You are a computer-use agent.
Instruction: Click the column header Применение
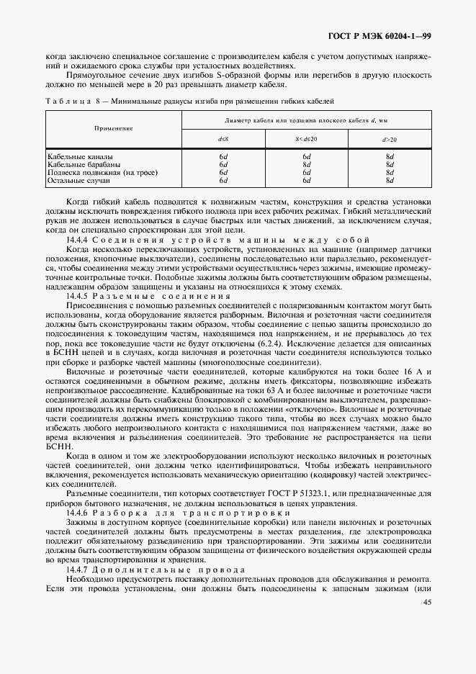114,127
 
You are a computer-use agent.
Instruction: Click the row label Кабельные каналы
80,156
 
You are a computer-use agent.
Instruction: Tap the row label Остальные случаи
78,181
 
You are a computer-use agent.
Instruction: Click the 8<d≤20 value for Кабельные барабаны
306,164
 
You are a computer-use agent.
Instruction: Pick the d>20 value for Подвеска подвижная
390,173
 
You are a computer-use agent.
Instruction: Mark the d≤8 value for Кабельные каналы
223,156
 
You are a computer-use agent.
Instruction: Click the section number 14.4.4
76,238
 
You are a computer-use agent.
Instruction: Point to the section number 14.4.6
76,512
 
